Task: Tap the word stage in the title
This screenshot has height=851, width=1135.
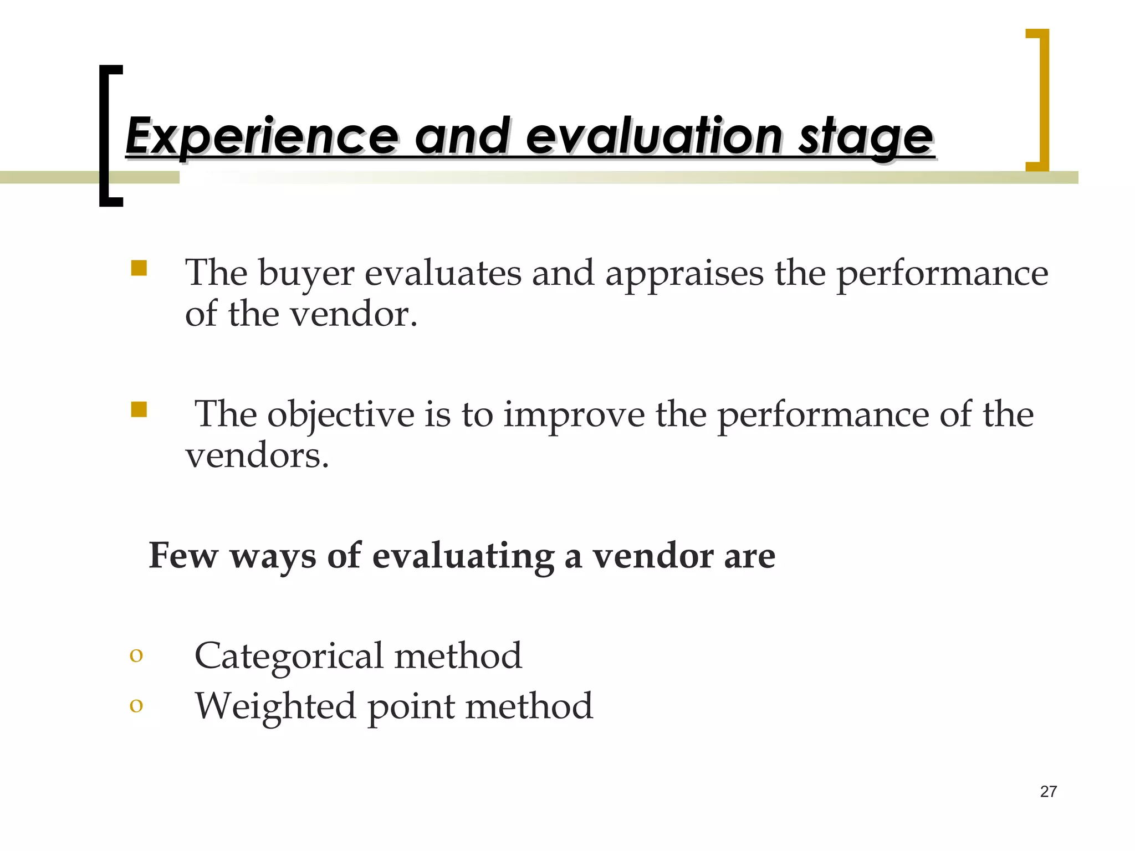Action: pyautogui.click(x=865, y=136)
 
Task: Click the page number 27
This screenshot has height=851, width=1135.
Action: pyautogui.click(x=1048, y=792)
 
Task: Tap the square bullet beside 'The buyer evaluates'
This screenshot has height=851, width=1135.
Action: pyautogui.click(x=139, y=269)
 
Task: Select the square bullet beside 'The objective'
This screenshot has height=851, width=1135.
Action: pyautogui.click(x=139, y=410)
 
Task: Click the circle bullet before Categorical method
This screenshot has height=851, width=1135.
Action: pyautogui.click(x=136, y=655)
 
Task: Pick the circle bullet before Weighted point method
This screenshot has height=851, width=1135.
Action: pyautogui.click(x=136, y=705)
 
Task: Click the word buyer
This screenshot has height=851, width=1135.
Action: pyautogui.click(x=306, y=274)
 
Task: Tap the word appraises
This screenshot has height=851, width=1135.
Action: pyautogui.click(x=684, y=274)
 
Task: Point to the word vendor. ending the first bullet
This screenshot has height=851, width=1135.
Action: pyautogui.click(x=354, y=314)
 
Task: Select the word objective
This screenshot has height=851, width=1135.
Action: pyautogui.click(x=340, y=415)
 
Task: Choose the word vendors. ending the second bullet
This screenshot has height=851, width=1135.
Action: pyautogui.click(x=257, y=456)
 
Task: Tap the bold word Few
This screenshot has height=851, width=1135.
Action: pyautogui.click(x=183, y=555)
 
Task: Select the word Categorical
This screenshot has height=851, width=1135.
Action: pyautogui.click(x=289, y=656)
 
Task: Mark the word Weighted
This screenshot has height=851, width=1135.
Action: pyautogui.click(x=275, y=706)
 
